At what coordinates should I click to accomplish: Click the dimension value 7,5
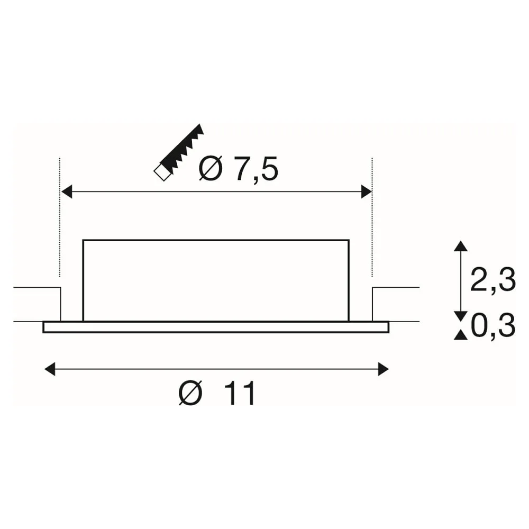pos(256,169)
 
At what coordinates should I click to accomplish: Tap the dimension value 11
pos(240,394)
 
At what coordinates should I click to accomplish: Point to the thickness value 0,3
pos(493,326)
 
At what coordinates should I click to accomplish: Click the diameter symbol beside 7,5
pos(211,168)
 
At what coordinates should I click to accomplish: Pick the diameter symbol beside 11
pos(190,393)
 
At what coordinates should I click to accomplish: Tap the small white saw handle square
pos(162,174)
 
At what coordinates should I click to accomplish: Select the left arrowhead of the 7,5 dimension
pos(67,191)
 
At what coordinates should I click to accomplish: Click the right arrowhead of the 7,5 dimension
pos(367,191)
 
